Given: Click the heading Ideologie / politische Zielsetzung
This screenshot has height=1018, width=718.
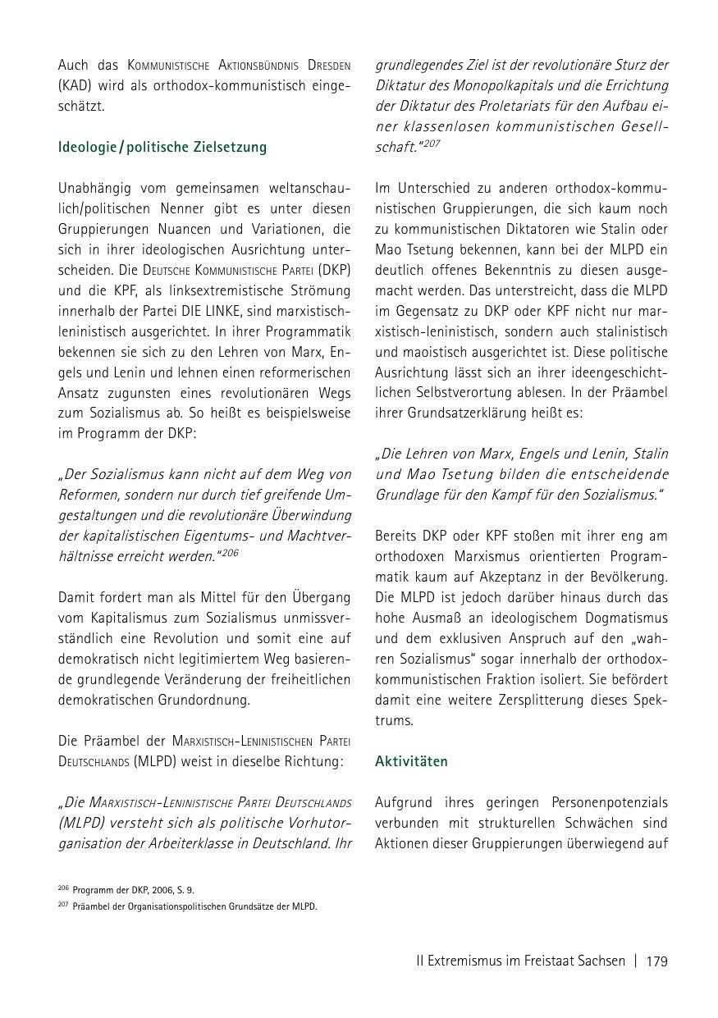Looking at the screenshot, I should [x=162, y=148].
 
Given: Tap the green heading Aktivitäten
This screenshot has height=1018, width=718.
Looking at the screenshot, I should [x=411, y=761].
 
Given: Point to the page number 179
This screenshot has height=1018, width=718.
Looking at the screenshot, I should [x=656, y=961].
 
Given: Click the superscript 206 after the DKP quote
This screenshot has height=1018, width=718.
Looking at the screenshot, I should [x=230, y=553].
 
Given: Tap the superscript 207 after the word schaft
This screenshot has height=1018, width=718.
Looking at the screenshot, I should [x=432, y=143].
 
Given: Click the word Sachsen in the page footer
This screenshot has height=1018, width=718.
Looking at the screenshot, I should [x=601, y=961].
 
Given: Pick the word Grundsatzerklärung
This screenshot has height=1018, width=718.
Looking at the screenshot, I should [x=470, y=413].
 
